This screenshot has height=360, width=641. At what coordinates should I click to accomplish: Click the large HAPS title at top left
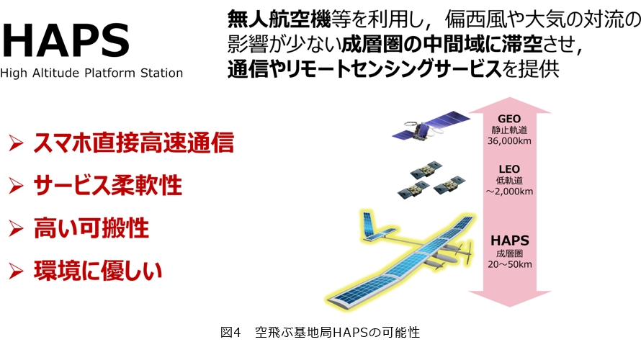[x=66, y=40]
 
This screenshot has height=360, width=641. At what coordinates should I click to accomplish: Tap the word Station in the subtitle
[x=161, y=73]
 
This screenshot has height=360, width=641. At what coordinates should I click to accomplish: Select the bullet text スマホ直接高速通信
[x=134, y=143]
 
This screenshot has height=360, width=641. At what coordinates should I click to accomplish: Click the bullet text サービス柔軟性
[x=108, y=186]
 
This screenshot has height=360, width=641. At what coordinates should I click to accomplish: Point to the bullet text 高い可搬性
[x=91, y=228]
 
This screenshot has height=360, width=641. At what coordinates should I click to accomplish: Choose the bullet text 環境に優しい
[x=98, y=271]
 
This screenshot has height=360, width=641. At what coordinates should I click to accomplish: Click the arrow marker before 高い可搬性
[x=16, y=228]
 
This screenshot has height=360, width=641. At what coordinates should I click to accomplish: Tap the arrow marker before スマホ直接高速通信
[x=16, y=143]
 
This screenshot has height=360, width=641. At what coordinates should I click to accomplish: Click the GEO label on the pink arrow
[x=509, y=119]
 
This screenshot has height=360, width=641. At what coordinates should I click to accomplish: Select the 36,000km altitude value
[x=509, y=141]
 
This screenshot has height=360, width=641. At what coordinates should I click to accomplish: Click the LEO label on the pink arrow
[x=509, y=169]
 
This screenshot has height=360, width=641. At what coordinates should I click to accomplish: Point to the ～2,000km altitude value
[x=509, y=192]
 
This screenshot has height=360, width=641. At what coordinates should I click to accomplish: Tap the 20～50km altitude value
[x=510, y=264]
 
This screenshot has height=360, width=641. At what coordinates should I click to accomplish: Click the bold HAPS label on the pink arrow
[x=510, y=240]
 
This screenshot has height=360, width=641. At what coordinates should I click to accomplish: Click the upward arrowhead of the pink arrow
[x=510, y=105]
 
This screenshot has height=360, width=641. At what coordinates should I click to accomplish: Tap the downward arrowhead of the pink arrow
[x=510, y=299]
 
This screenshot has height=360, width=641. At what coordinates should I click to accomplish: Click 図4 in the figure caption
[x=231, y=332]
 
